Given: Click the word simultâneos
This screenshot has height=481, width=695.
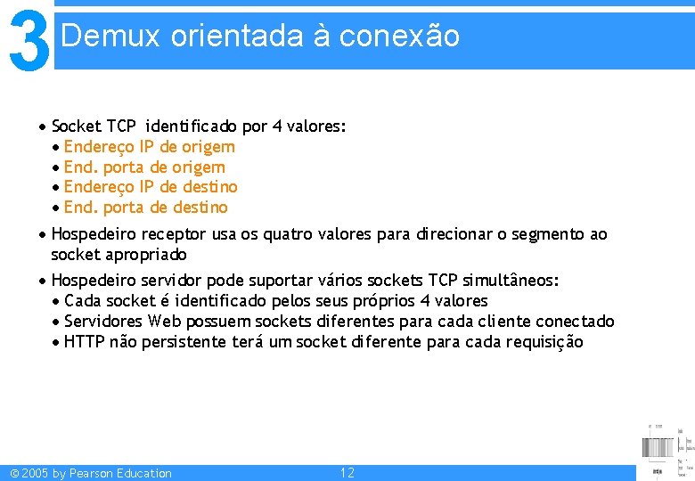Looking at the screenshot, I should tap(510, 281).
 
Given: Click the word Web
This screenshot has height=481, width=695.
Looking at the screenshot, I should tap(163, 322).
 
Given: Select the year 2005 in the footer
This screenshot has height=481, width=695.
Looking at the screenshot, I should tap(35, 473).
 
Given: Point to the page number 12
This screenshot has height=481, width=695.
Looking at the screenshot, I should tap(347, 473).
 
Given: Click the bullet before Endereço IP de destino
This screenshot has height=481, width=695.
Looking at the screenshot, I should tap(56, 188).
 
